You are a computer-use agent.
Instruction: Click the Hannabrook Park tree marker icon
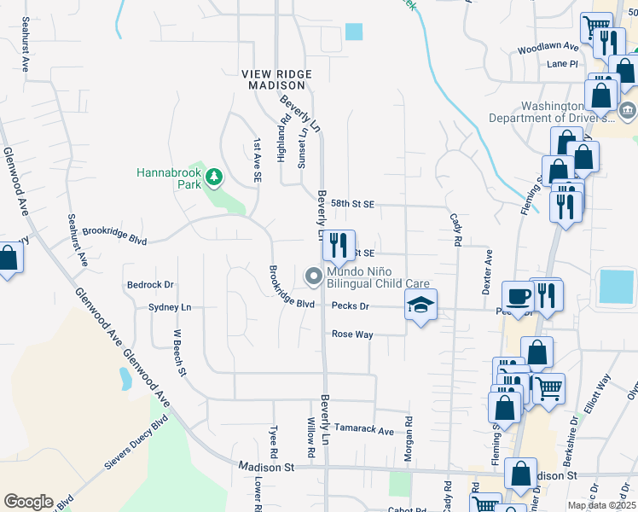214,177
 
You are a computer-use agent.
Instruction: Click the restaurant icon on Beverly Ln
339,247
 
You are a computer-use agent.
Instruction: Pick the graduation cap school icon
420,305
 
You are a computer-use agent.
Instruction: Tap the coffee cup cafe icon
519,296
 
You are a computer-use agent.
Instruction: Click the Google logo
28,502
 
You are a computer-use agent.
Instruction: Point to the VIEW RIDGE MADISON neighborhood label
277,80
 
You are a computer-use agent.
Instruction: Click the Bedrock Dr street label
150,285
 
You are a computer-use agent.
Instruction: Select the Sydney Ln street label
170,307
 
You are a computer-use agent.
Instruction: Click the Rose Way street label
352,335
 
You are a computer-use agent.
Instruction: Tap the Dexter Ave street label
488,272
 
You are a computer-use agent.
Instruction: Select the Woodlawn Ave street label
546,49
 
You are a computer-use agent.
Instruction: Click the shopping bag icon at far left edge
9,259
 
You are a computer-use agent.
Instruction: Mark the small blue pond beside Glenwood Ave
125,378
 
